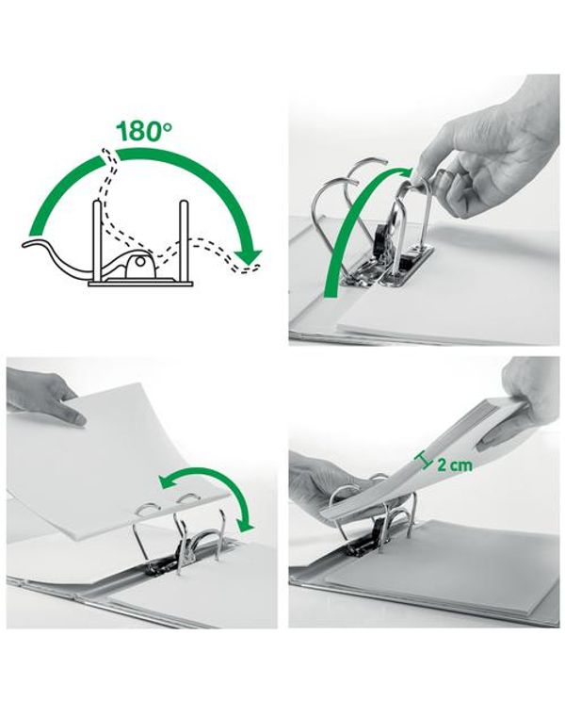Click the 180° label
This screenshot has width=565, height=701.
(144, 131)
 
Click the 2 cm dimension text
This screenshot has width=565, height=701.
(453, 465)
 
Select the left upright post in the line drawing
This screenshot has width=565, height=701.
(96, 241)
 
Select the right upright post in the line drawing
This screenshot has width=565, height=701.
(184, 241)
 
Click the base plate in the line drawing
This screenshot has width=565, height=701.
(140, 284)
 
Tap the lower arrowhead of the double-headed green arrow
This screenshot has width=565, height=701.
(246, 524)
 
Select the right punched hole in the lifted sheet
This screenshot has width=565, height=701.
(188, 497)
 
